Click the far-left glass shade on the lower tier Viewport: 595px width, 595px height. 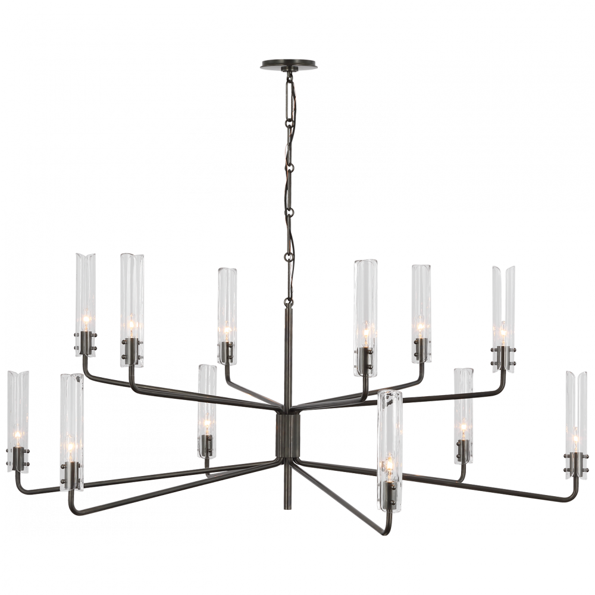pos(16,411)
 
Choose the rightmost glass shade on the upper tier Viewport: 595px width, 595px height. pos(503,303)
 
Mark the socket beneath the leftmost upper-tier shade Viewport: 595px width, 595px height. pos(87,345)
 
